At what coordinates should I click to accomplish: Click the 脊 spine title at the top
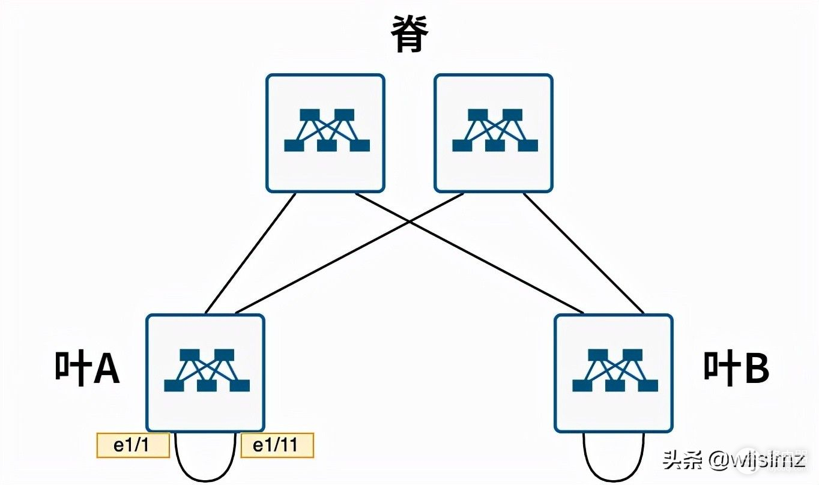(409, 34)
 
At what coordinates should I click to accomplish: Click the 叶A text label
(88, 368)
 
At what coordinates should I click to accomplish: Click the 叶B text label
(736, 368)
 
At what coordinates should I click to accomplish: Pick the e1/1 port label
(133, 445)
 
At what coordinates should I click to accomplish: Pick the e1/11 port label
(277, 445)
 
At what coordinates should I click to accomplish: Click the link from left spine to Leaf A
(251, 253)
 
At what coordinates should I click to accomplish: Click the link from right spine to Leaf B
(584, 253)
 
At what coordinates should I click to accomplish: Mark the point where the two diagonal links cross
(409, 221)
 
